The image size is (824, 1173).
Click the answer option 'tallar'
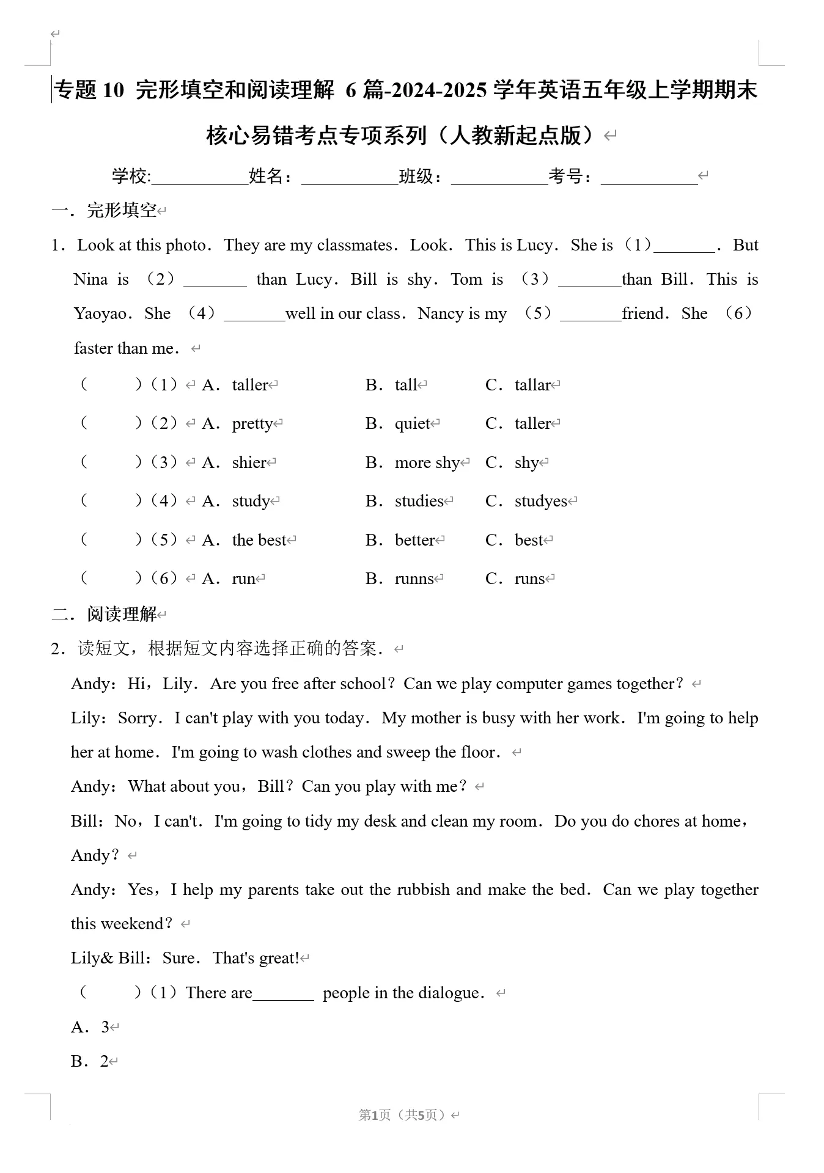click(x=532, y=386)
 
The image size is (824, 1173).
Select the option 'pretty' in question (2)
click(x=252, y=424)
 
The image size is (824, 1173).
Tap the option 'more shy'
click(x=427, y=463)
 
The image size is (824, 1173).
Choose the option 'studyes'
click(x=540, y=502)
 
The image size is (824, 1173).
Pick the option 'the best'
click(x=259, y=540)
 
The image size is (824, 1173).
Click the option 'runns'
click(x=414, y=579)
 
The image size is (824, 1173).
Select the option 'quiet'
click(x=413, y=424)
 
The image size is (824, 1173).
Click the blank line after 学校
click(x=199, y=178)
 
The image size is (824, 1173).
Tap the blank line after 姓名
click(x=350, y=178)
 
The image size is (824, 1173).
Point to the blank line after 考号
click(x=649, y=178)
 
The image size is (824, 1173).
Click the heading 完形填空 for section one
click(x=122, y=211)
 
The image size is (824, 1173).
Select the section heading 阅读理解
click(x=122, y=614)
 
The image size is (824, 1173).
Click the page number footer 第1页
click(x=374, y=1115)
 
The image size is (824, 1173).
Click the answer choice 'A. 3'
click(x=90, y=1027)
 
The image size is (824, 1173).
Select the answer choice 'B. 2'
click(x=90, y=1061)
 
